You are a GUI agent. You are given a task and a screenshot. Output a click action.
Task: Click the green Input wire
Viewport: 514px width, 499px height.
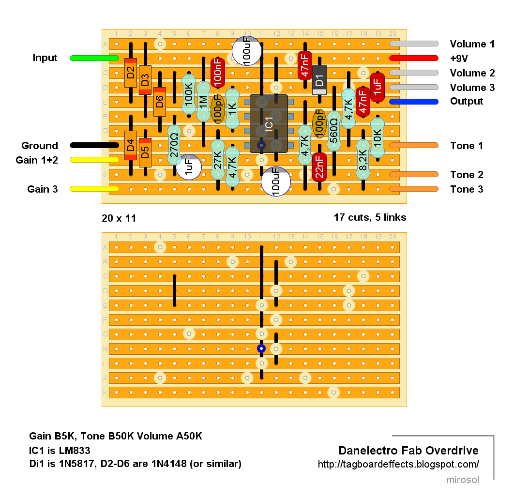[94, 59]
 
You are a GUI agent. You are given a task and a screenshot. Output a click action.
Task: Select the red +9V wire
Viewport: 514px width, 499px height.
[414, 59]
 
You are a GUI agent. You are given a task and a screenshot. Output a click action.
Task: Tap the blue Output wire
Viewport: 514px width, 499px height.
[414, 102]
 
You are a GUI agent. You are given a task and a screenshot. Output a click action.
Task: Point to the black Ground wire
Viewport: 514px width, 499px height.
[94, 145]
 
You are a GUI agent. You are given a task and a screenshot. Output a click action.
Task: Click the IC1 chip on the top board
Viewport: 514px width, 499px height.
[269, 123]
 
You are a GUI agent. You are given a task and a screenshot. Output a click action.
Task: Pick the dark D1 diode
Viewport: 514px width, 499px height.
[319, 80]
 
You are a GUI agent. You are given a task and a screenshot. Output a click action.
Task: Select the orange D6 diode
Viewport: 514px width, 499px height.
[160, 102]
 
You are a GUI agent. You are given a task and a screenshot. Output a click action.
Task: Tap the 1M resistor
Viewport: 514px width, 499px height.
[203, 102]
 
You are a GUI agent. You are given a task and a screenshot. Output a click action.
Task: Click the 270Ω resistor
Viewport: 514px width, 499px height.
[174, 145]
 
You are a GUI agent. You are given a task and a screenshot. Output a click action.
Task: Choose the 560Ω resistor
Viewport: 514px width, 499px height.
[333, 131]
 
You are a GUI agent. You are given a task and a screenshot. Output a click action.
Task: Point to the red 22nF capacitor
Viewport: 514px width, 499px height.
[319, 167]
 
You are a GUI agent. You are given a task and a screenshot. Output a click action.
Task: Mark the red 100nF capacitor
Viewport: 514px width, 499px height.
[218, 73]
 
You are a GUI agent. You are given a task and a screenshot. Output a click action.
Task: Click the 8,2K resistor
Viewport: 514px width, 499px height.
[363, 160]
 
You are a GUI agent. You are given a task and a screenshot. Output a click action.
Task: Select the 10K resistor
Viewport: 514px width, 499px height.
[378, 138]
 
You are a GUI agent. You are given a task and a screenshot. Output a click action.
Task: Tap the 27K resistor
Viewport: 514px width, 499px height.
[218, 160]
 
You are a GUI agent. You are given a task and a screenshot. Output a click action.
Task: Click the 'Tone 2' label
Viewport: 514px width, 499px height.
[467, 175]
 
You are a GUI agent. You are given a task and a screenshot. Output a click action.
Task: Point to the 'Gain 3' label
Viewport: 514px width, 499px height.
[43, 189]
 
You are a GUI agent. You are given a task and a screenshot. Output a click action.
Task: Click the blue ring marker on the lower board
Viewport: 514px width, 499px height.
[261, 348]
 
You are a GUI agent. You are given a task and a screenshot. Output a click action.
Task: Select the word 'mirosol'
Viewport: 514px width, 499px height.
[463, 480]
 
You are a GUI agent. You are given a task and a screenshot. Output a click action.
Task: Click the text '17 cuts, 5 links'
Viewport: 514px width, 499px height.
[370, 217]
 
